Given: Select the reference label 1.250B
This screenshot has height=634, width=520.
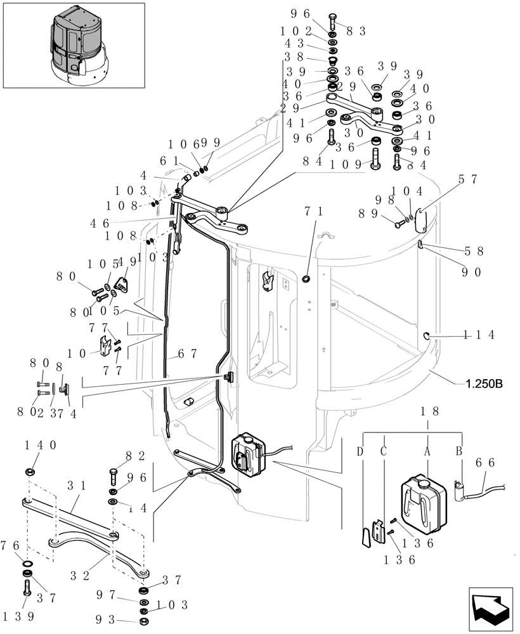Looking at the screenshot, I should (484, 384).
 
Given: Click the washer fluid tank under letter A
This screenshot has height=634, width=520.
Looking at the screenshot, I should (419, 503).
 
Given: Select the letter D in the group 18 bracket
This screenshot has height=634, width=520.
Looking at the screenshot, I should (360, 451).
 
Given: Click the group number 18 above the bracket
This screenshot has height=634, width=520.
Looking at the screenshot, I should (427, 411).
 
